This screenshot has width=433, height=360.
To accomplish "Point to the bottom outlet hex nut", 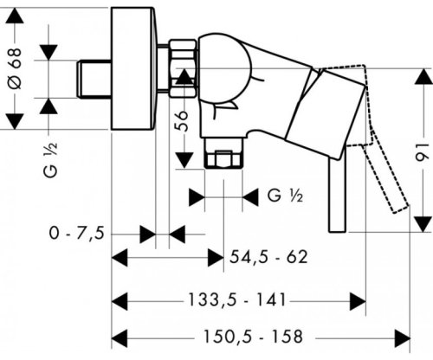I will tap(223, 161).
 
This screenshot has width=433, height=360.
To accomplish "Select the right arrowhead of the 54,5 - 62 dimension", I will tap(216, 257).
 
